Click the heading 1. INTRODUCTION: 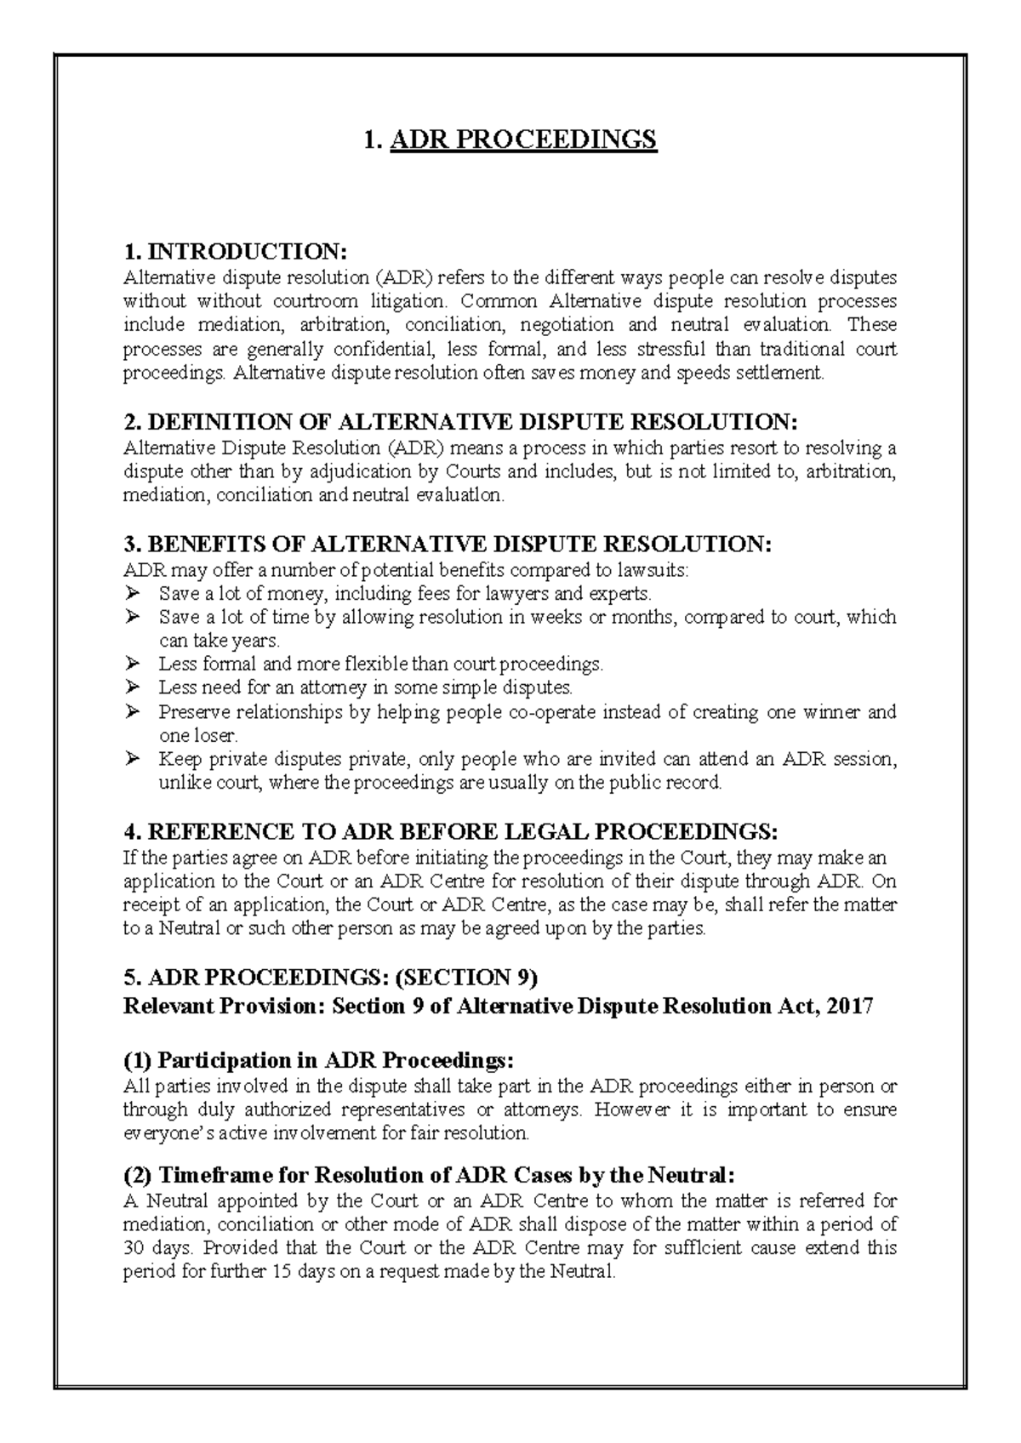pyautogui.click(x=236, y=252)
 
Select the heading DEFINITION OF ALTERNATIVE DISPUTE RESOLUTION pyautogui.click(x=461, y=422)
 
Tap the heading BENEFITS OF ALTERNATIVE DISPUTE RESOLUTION pyautogui.click(x=448, y=545)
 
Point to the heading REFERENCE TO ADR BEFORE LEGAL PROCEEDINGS pyautogui.click(x=451, y=831)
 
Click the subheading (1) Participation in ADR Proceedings pyautogui.click(x=319, y=1060)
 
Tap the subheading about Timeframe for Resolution pyautogui.click(x=428, y=1175)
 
